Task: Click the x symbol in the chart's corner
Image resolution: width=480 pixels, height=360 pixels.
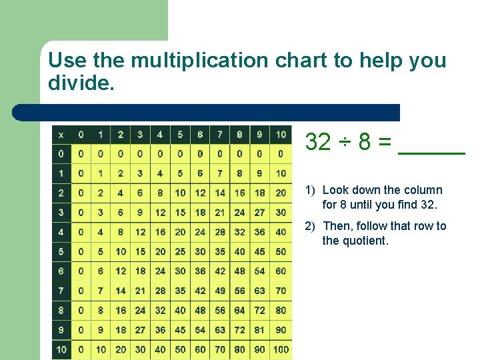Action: tap(61, 135)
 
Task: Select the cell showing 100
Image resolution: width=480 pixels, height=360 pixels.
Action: tap(281, 349)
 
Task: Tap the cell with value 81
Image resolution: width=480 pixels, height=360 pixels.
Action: tap(260, 330)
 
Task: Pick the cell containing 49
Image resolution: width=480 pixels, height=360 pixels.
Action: tap(220, 291)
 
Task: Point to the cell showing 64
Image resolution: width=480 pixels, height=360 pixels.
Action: tap(239, 310)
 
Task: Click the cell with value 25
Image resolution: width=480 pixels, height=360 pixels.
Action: tap(180, 251)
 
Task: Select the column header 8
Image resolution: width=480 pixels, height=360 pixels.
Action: tap(239, 135)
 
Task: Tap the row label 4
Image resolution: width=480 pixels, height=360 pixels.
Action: tap(61, 232)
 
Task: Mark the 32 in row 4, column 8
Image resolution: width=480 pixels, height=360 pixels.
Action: tap(239, 232)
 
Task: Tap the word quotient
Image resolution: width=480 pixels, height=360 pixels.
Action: tap(365, 241)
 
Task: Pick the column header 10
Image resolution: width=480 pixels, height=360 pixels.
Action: tap(281, 135)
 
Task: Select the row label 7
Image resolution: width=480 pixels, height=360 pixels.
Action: tap(61, 291)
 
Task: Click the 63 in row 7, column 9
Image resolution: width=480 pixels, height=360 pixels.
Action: tap(260, 291)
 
